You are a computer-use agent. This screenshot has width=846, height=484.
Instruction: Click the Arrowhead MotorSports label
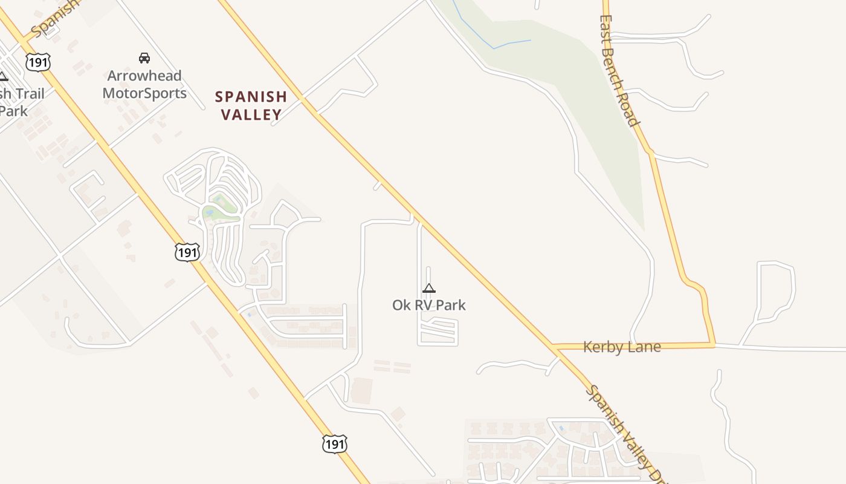click(144, 85)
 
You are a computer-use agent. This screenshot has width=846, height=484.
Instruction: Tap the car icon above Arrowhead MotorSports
click(144, 58)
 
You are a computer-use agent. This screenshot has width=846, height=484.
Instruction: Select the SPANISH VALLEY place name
click(251, 105)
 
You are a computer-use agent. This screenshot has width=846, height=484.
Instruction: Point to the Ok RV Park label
click(429, 305)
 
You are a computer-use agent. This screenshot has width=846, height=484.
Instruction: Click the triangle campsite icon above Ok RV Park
click(429, 288)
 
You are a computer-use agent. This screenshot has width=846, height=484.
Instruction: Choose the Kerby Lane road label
click(622, 347)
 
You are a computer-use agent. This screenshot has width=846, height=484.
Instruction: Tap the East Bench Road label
click(619, 70)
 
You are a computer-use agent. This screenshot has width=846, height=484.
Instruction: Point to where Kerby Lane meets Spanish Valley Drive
click(555, 347)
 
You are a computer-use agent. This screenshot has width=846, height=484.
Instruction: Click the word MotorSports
click(144, 93)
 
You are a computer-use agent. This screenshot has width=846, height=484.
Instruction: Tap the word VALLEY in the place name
click(251, 114)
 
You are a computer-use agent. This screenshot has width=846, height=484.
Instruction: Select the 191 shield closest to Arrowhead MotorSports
click(37, 62)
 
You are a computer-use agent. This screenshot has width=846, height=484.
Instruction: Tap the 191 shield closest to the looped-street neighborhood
click(187, 252)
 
